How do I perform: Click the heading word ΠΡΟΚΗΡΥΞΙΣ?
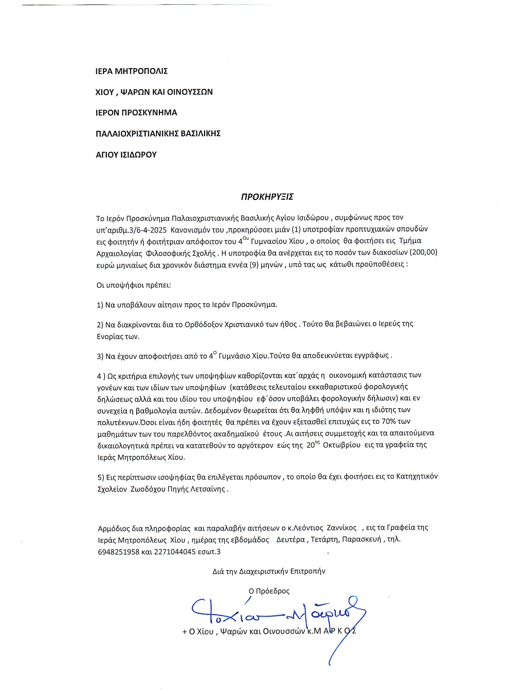[x=267, y=197]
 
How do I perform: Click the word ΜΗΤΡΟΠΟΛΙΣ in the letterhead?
[x=141, y=71]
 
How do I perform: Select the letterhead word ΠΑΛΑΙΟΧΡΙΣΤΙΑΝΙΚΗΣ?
[x=135, y=133]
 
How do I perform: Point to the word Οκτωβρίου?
[x=341, y=445]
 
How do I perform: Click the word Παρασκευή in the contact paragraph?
[x=361, y=539]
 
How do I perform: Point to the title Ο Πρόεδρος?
[x=269, y=591]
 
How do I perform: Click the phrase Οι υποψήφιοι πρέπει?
[x=134, y=285]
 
